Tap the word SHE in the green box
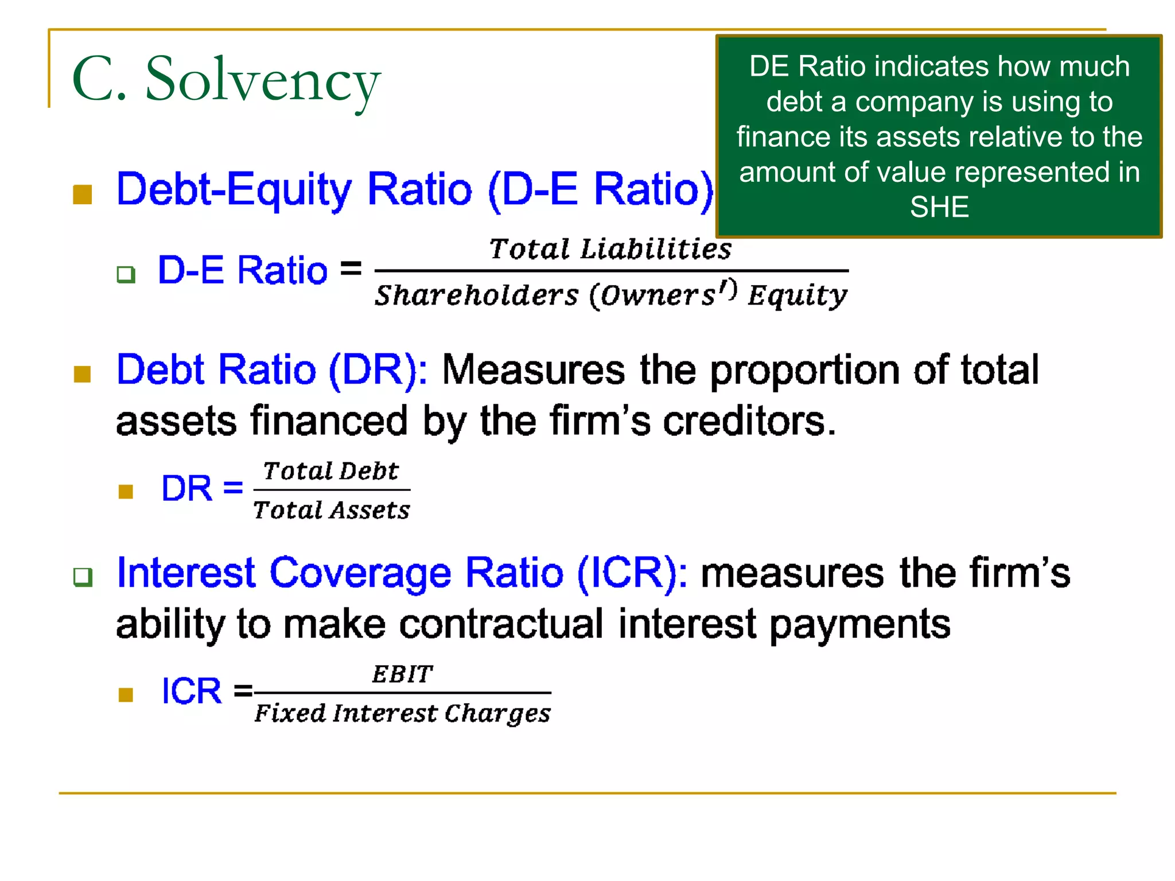[939, 207]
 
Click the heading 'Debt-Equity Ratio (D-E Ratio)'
[415, 189]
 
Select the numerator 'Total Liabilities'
[610, 250]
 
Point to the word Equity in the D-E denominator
[797, 296]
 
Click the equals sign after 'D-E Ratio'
[351, 268]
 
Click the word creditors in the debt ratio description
[748, 422]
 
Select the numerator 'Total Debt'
[331, 471]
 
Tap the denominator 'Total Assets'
[332, 510]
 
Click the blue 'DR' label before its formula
[187, 489]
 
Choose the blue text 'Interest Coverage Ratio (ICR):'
[402, 573]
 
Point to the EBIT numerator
[402, 675]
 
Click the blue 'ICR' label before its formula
[192, 691]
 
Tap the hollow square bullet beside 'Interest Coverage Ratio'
[83, 576]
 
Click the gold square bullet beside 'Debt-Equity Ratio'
[83, 194]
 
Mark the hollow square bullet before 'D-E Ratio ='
[126, 274]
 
